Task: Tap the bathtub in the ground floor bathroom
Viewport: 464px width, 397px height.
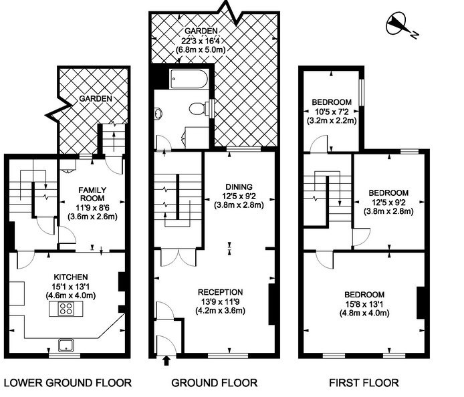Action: [x=188, y=79]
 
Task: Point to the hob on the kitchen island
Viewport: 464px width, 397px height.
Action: [x=66, y=309]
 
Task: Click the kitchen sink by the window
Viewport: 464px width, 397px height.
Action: [x=66, y=346]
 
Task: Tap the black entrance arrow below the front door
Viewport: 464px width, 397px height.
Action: [x=166, y=361]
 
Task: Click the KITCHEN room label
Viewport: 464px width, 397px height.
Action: [x=71, y=277]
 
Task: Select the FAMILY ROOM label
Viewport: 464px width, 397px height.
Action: [x=92, y=194]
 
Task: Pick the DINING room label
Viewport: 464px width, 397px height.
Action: [x=239, y=187]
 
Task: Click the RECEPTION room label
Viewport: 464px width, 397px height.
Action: [x=221, y=292]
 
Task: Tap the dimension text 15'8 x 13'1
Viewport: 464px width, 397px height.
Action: [x=364, y=304]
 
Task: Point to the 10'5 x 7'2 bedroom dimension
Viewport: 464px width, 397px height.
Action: [x=332, y=112]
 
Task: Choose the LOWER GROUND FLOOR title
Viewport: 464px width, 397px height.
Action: [x=68, y=383]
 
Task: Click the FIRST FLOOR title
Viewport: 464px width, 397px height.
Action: [x=364, y=383]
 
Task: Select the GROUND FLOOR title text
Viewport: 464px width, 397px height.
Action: [x=214, y=383]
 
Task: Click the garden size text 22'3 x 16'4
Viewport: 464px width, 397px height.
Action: [x=201, y=41]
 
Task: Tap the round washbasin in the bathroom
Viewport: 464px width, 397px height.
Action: [x=158, y=114]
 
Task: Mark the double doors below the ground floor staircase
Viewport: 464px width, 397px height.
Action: [x=179, y=258]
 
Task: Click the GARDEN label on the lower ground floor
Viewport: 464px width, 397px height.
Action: [x=96, y=98]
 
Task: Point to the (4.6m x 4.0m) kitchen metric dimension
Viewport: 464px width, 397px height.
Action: [x=71, y=295]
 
